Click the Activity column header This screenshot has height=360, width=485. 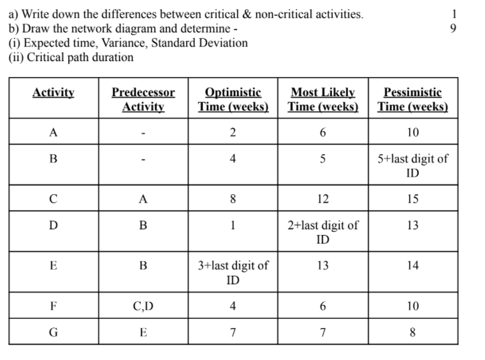[x=54, y=93]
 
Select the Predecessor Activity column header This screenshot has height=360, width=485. [x=143, y=99]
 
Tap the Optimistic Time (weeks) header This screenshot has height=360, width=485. [x=233, y=99]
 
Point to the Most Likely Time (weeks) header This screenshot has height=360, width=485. [x=322, y=99]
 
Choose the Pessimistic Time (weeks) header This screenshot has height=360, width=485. [x=412, y=99]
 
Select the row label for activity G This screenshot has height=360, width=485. [x=54, y=332]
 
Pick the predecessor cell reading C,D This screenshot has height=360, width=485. [x=143, y=306]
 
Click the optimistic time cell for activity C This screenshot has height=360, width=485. [x=233, y=199]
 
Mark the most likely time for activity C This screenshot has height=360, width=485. [x=322, y=199]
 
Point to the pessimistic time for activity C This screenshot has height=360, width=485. [x=412, y=199]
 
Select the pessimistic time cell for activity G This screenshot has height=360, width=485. [x=412, y=332]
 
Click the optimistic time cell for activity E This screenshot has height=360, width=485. [x=233, y=273]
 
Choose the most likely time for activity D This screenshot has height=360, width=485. [x=322, y=232]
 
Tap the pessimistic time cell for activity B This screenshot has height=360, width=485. [x=412, y=166]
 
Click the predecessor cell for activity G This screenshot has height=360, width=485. [x=143, y=332]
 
